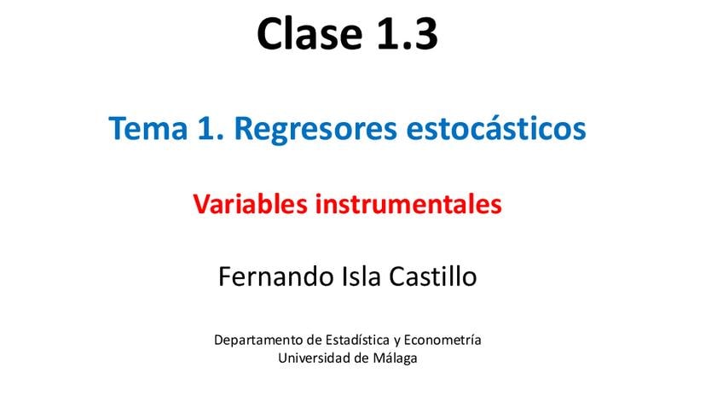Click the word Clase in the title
point(309,33)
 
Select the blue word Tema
point(148,128)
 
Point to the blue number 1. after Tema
point(211,128)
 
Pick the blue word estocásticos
point(496,128)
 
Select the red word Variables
point(250,204)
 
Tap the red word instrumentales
point(408,205)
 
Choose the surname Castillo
point(433,276)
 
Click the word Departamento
point(259,340)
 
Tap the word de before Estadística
point(315,340)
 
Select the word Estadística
point(357,340)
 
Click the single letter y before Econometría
point(397,342)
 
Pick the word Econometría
point(442,340)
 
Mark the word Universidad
point(315,358)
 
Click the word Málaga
point(395,358)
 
